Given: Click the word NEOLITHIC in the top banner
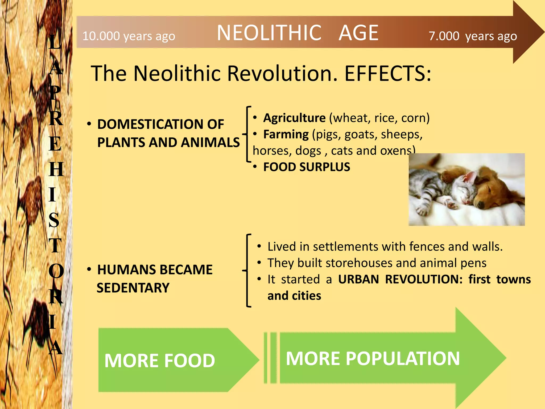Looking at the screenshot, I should pos(269,33).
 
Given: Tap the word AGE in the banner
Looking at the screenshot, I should pos(358,33).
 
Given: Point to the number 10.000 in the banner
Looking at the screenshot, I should pos(101,36).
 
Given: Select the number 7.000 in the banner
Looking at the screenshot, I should pos(444,36).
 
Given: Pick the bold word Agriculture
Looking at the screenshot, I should pos(294,118).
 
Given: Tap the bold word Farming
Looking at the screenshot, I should pos(286,134).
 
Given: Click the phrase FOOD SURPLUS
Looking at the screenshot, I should pos(307,167).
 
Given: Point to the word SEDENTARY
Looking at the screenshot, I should pos(133,288).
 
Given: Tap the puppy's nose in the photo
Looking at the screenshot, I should pos(481,204).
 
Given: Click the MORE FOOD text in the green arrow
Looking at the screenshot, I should pos(160,361).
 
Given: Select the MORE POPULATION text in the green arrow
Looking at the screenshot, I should pos(373,358).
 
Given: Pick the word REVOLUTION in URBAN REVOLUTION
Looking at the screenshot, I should pos(424,279).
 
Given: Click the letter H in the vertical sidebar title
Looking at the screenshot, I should pos(56,169).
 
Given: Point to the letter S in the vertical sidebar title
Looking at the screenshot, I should pos(54,220).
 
